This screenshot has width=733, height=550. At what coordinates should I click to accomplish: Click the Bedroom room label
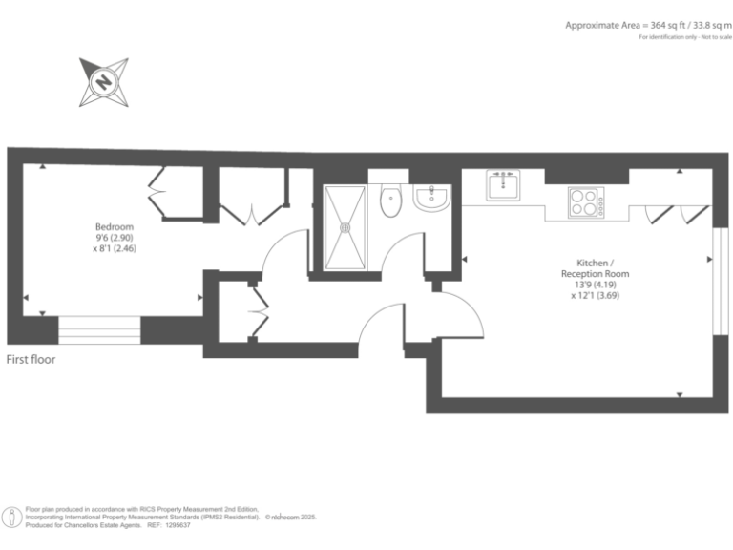(x=114, y=226)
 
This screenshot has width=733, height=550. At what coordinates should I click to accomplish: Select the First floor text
(x=31, y=360)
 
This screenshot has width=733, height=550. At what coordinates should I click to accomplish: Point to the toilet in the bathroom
(x=390, y=201)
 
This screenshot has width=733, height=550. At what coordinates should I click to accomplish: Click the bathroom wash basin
(x=431, y=199)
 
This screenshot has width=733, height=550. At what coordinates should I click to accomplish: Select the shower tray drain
(x=346, y=227)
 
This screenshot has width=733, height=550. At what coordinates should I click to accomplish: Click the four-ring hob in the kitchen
(x=583, y=201)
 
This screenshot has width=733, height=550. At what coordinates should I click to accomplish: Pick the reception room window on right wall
(x=716, y=280)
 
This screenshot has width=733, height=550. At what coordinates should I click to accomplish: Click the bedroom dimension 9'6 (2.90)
(x=114, y=238)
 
